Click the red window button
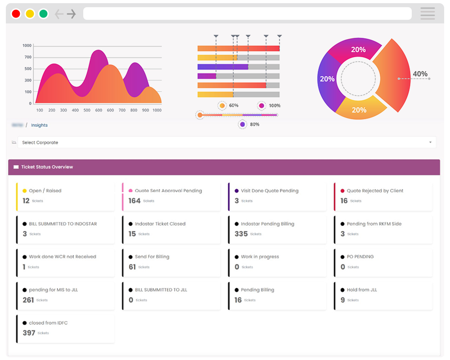16,13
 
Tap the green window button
43,13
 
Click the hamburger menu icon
427,13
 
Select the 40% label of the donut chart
420,74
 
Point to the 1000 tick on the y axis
27,45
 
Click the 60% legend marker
222,106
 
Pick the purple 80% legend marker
243,124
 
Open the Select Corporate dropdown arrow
430,142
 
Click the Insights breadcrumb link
39,125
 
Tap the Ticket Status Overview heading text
47,167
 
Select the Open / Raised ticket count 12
26,201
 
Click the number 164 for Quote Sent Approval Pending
135,201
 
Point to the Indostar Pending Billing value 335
241,234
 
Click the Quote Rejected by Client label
375,191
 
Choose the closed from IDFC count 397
29,333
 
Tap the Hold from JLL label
362,290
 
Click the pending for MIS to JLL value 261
28,300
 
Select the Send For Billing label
152,257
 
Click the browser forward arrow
71,14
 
